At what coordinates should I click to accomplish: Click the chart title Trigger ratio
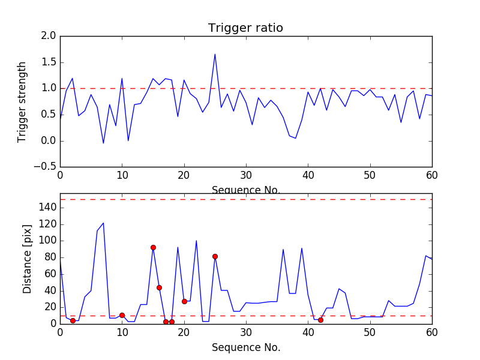[x=245, y=28]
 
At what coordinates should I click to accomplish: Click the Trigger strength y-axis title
[x=22, y=101]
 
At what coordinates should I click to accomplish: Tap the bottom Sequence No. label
[x=245, y=347]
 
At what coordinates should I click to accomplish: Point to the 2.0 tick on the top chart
[x=49, y=36]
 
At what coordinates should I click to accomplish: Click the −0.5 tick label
[x=44, y=167]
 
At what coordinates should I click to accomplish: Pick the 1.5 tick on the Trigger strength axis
[x=49, y=62]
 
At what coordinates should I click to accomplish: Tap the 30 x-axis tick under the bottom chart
[x=246, y=332]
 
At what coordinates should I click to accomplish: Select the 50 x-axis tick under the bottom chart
[x=370, y=332]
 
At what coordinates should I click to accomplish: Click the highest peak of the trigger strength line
[x=215, y=54]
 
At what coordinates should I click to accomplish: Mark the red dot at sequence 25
[x=215, y=256]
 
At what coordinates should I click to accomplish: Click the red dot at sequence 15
[x=153, y=247]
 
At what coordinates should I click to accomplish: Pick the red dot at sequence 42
[x=320, y=320]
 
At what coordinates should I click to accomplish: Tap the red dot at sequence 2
[x=73, y=320]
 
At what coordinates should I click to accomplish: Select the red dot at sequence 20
[x=184, y=301]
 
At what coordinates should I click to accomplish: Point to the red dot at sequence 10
[x=122, y=315]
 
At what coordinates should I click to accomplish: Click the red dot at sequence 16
[x=159, y=287]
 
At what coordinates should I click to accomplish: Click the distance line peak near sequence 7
[x=103, y=223]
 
